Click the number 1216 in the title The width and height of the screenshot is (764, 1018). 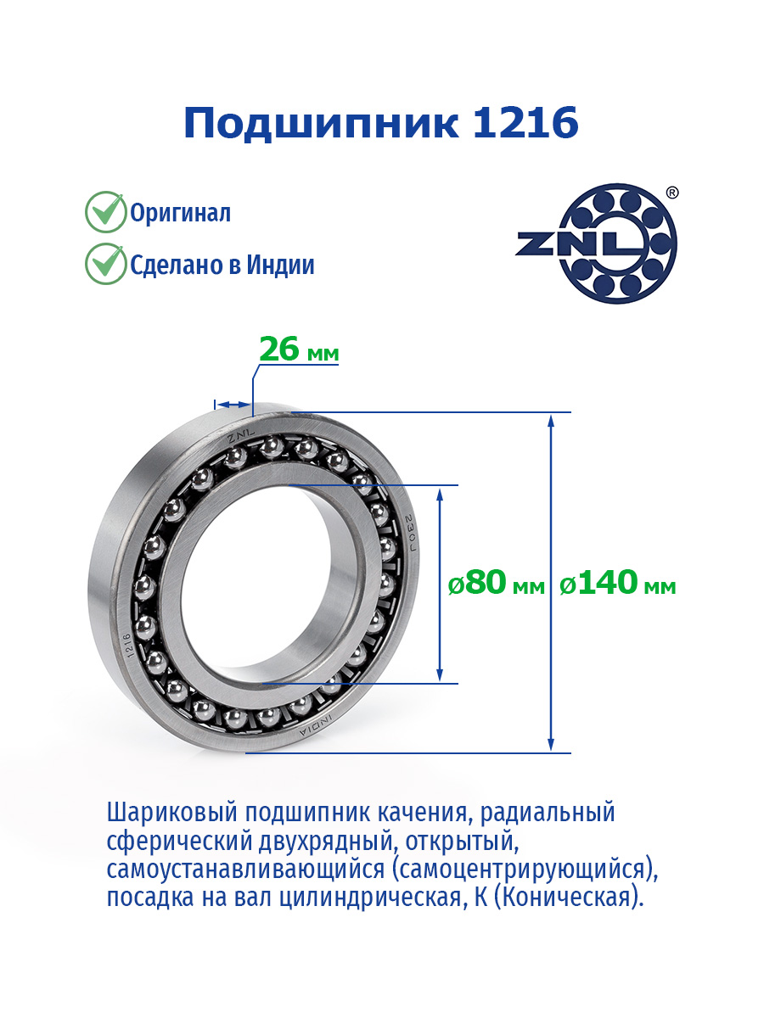(525, 122)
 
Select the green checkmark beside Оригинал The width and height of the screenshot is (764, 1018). (106, 211)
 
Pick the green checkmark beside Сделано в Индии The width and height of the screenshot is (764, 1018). (106, 264)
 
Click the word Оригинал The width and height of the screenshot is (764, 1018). (180, 214)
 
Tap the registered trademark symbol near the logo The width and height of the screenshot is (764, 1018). (672, 193)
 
